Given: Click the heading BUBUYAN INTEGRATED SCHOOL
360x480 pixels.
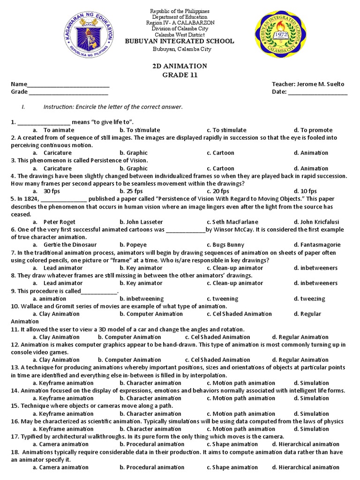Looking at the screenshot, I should [x=180, y=41].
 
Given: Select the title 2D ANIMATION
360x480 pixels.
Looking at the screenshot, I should [x=180, y=66].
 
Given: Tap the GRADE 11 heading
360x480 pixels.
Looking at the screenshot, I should [x=180, y=75].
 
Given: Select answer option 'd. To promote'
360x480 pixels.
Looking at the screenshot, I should [x=313, y=130].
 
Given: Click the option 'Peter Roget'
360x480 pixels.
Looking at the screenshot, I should [x=59, y=222].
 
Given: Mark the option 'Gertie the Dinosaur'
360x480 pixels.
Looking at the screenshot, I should [x=70, y=245].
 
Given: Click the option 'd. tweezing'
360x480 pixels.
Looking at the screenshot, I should [x=309, y=299].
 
